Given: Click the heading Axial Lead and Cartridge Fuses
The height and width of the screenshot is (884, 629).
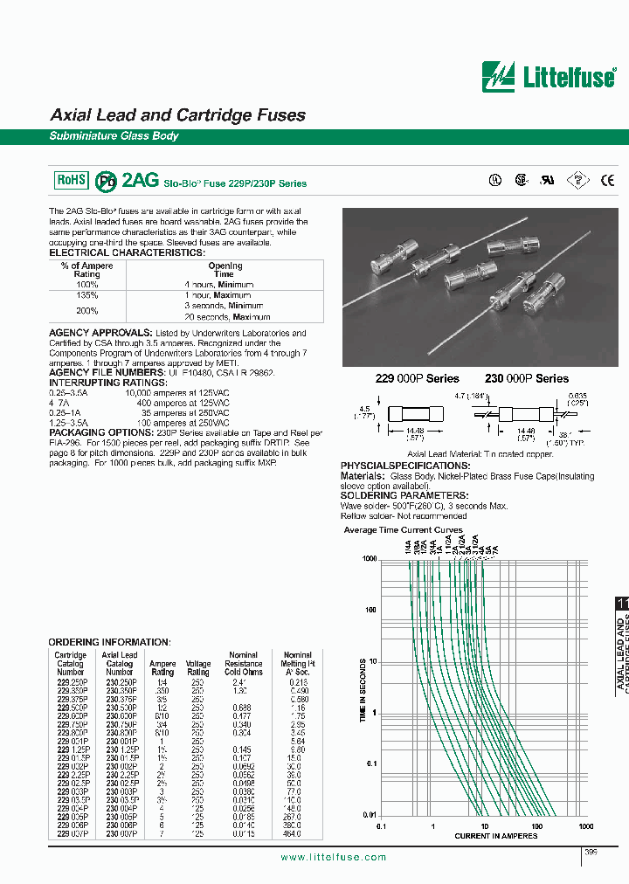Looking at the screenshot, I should [x=177, y=115].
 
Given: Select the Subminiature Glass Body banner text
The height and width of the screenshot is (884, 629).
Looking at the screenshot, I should [x=114, y=136].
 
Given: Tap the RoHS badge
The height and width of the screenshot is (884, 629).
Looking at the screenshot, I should [x=72, y=179].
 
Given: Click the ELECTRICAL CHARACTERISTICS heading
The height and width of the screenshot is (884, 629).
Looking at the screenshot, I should [x=127, y=252].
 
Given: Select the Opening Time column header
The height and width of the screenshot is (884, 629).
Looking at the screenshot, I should [x=225, y=270].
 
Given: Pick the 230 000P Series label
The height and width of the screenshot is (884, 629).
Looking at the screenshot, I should [x=526, y=378].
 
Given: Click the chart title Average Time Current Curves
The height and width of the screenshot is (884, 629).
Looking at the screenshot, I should [x=403, y=530].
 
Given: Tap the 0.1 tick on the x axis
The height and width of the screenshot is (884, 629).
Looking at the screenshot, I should [x=381, y=825].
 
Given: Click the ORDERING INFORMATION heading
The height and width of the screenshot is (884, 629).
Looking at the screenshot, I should [x=109, y=641].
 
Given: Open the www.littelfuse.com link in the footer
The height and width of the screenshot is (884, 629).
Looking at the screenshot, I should [x=333, y=857].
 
